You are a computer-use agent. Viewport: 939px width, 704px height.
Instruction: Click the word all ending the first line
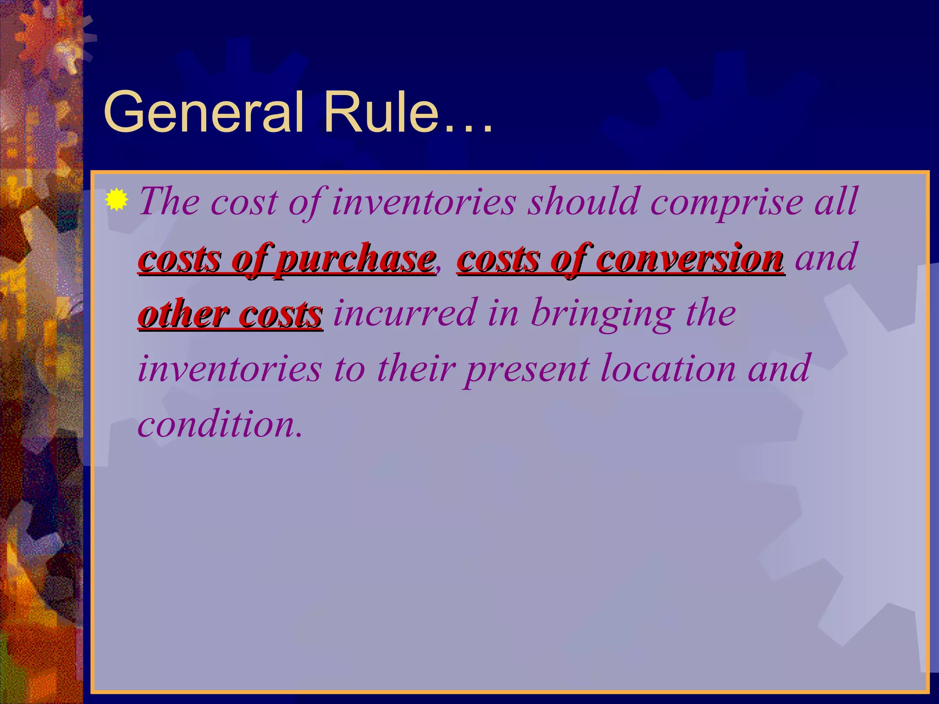(x=835, y=202)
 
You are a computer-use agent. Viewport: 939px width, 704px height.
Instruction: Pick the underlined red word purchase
(x=356, y=259)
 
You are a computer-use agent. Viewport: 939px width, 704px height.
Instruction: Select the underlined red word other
(x=183, y=315)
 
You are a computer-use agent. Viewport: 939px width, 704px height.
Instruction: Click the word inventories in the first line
(x=424, y=202)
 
